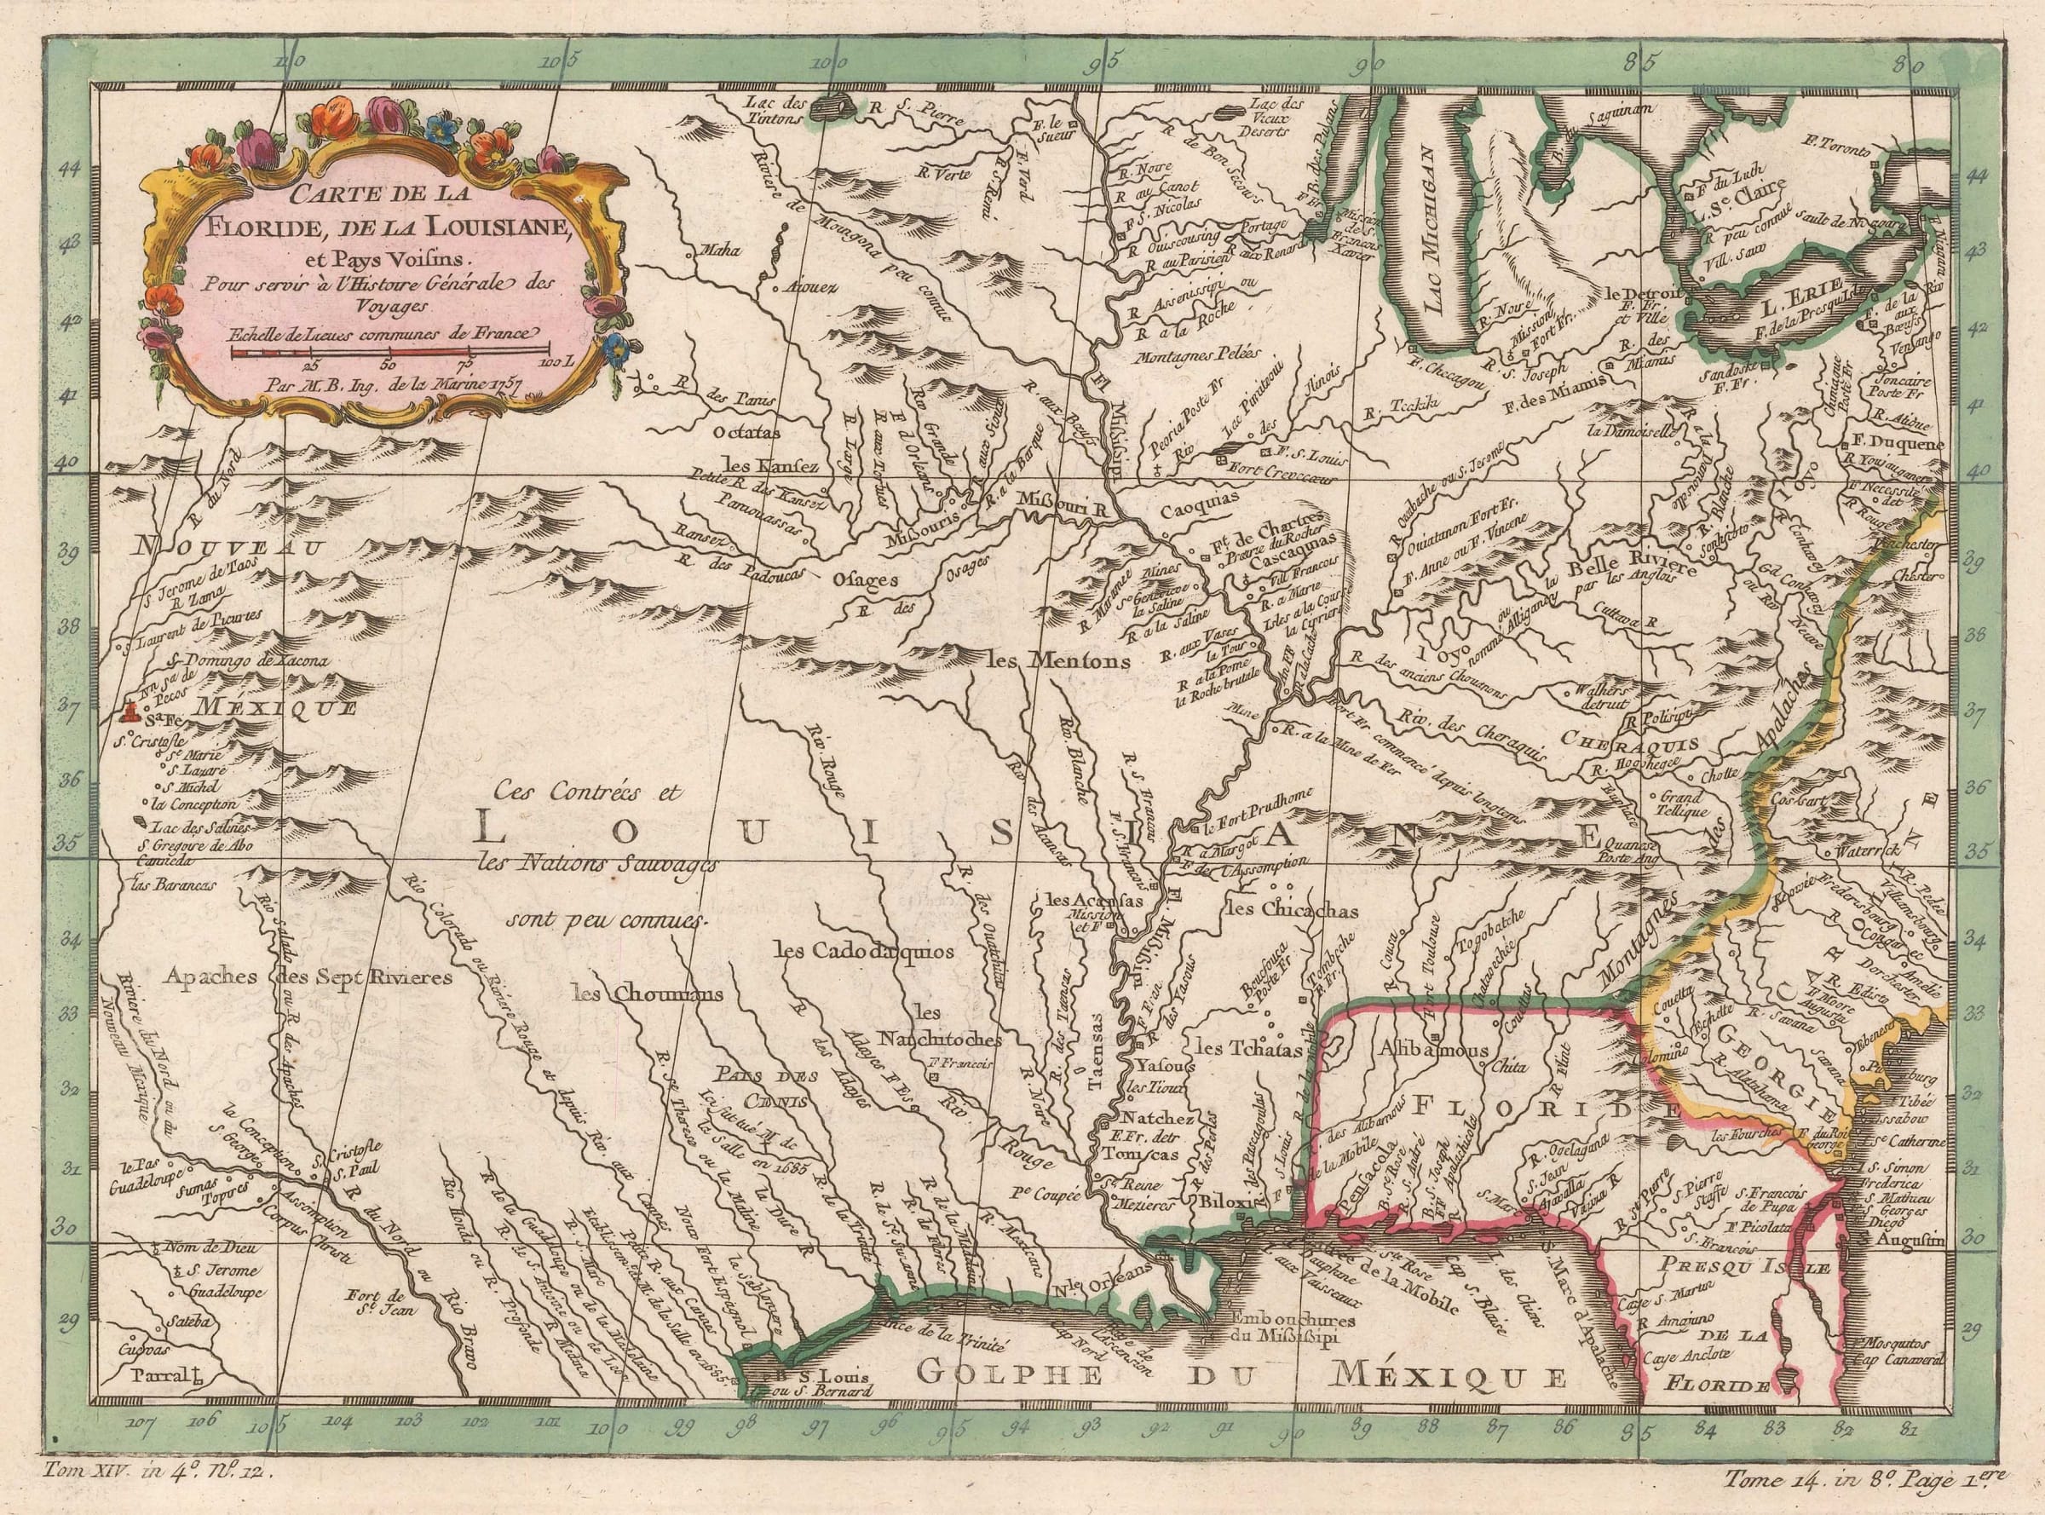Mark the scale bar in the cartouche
pos(389,350)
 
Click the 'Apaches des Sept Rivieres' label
pos(309,978)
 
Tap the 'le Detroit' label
pos(1645,294)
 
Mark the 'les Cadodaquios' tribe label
pos(865,952)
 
